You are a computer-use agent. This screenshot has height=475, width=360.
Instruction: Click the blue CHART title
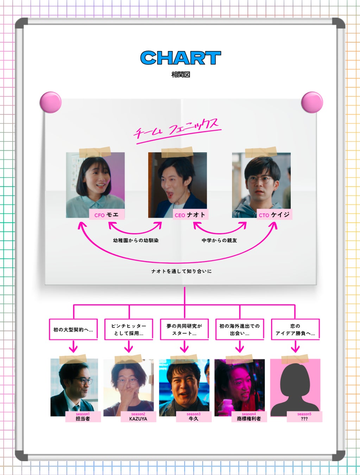pos(181,58)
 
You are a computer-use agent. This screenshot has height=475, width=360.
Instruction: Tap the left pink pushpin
pos(51,102)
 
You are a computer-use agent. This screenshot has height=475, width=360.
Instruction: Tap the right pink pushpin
pos(312,102)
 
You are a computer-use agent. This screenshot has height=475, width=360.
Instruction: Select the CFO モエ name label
pos(107,215)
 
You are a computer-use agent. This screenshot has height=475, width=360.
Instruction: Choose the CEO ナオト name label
pos(190,215)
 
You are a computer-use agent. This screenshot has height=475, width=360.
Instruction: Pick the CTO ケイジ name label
pos(274,215)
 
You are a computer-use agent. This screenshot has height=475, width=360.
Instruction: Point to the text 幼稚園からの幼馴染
pos(136,240)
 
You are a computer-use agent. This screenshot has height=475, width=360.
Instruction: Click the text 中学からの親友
pos(219,240)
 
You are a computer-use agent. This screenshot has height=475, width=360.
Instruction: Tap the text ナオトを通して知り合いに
pos(181,271)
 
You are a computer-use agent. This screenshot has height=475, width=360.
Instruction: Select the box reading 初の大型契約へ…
pos(73,329)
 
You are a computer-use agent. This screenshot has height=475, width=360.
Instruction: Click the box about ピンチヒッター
pos(129,329)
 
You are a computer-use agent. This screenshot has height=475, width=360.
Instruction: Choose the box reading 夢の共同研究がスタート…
pos(184,329)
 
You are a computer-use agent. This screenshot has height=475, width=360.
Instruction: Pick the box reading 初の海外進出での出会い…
pos(240,329)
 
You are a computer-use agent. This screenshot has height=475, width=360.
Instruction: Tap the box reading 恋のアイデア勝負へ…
pos(295,329)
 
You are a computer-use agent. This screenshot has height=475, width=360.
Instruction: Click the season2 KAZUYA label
pos(138,417)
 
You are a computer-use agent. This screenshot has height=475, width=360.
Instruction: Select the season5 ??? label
pos(304,417)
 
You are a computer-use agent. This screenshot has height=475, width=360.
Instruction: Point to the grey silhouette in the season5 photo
pos(295,387)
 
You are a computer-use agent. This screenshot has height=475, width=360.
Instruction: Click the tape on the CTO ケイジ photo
pos(261,152)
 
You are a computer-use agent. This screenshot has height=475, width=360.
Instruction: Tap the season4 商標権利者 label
pos(249,417)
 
